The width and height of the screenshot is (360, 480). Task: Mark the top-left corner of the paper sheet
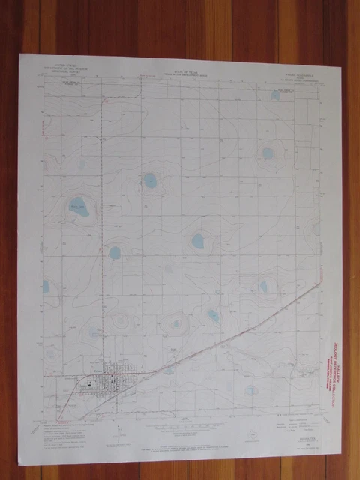(x=20, y=54)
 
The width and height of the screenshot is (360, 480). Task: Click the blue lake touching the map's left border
(x=46, y=286)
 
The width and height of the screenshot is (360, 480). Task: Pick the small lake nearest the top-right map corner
(x=276, y=95)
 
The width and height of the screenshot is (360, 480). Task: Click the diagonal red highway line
(x=225, y=330)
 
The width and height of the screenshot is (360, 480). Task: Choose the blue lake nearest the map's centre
(x=198, y=241)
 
